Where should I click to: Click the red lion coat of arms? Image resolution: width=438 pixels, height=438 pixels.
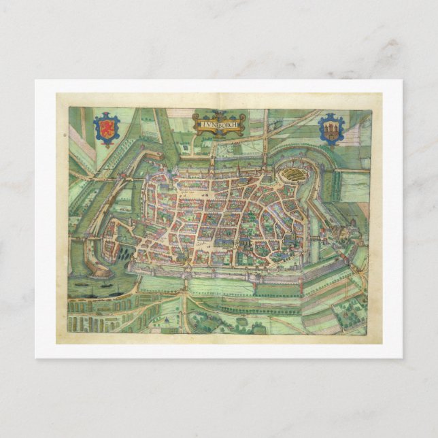(105, 127)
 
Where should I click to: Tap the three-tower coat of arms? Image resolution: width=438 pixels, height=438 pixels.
(331, 128)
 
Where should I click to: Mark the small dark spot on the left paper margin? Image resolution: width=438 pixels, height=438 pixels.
(65, 135)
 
